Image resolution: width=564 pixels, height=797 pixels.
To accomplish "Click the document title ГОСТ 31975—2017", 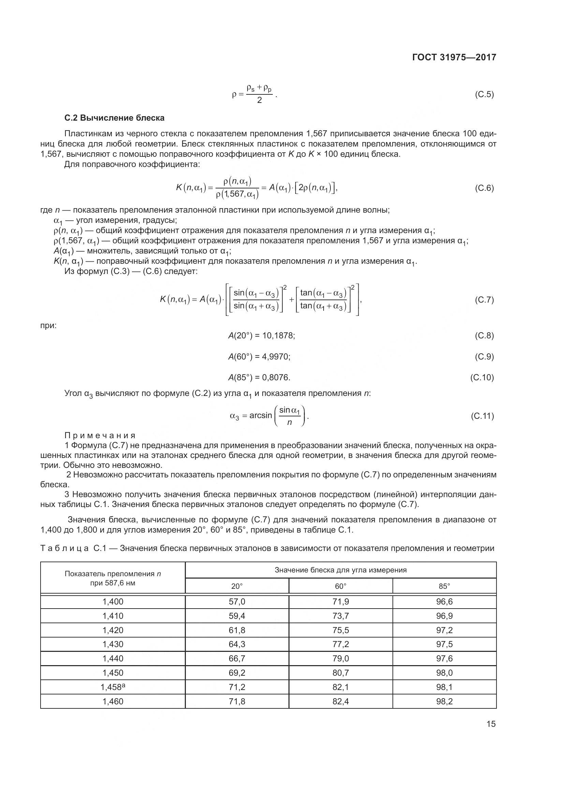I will click(454, 57).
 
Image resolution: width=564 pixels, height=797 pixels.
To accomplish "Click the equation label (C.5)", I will click(484, 94).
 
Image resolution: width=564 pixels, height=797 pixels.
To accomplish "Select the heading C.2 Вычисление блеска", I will click(114, 118).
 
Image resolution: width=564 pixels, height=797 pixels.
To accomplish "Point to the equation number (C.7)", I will click(484, 300).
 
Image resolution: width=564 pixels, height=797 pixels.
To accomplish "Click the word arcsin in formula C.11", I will click(261, 415).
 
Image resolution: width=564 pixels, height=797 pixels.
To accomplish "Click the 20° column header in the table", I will click(237, 586).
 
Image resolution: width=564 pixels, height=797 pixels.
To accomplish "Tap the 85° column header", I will click(444, 586).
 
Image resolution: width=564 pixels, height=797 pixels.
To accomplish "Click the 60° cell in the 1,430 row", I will click(340, 644).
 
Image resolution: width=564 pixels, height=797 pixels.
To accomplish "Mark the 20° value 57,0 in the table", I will click(237, 601).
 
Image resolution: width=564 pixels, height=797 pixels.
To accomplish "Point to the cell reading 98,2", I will click(444, 701).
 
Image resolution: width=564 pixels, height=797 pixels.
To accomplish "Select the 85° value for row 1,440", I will click(444, 659).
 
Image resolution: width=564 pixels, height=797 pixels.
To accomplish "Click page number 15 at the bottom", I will click(491, 724).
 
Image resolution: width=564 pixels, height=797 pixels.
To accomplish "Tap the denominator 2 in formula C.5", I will click(259, 101).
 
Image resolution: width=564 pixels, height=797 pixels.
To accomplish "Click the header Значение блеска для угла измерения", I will click(340, 570).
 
